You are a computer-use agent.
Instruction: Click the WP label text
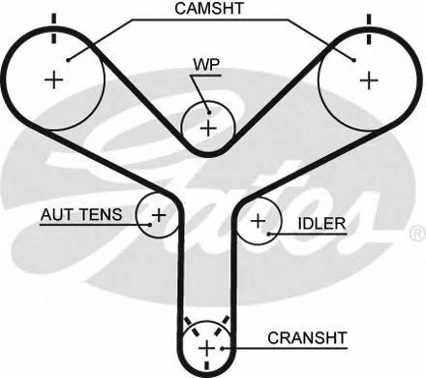(x=206, y=67)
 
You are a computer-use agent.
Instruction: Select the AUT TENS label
(x=80, y=214)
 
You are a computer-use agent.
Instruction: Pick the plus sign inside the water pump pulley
(x=207, y=126)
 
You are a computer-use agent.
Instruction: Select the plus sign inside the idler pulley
(x=258, y=221)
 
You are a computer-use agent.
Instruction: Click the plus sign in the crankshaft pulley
(x=206, y=346)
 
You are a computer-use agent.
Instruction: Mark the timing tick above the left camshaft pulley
(x=54, y=19)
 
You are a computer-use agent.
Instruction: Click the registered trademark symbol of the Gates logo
(x=416, y=234)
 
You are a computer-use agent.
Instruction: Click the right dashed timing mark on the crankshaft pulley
(x=226, y=323)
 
